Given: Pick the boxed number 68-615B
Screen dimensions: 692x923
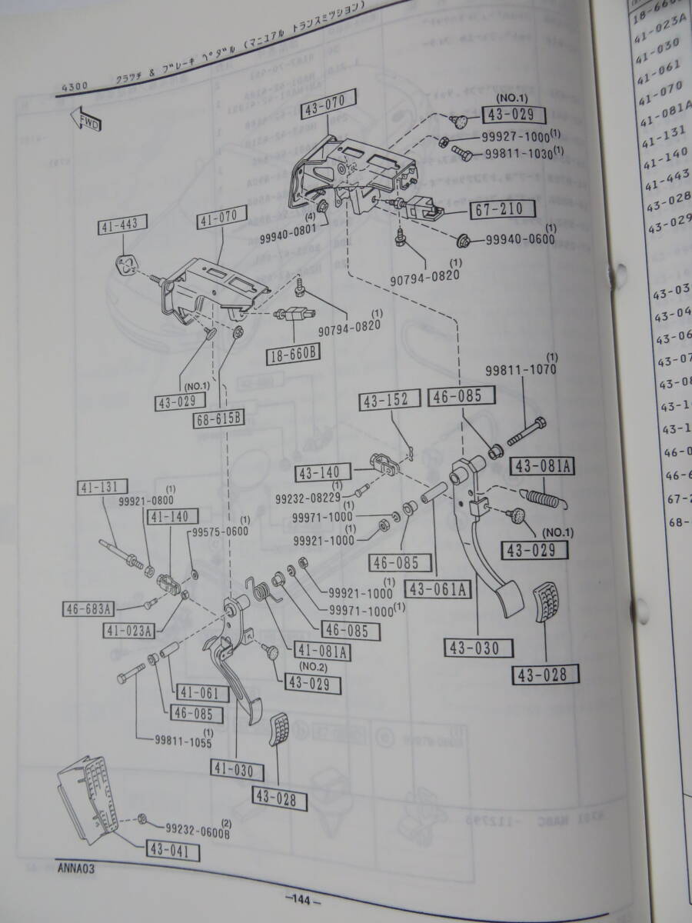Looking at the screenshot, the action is click(x=219, y=420).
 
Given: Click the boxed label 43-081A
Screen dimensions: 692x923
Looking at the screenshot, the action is click(x=546, y=465).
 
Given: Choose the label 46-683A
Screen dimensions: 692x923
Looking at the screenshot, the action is click(x=88, y=610).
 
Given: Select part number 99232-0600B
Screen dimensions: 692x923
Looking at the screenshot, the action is click(x=198, y=829).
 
